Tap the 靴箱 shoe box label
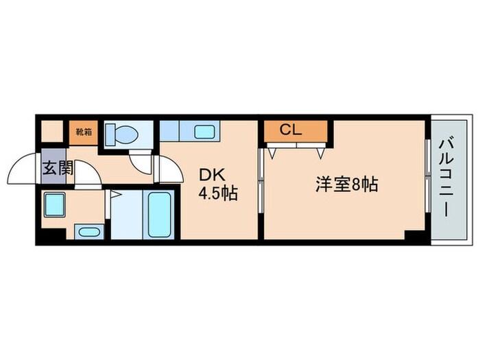pos(83,130)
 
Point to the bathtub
pos(160,213)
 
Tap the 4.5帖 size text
pos(218,194)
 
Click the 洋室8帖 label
pos(347,184)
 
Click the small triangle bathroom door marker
pos(115,197)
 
